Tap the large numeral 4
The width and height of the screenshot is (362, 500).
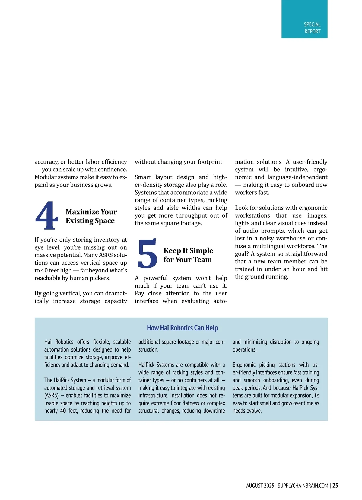[x=47, y=215]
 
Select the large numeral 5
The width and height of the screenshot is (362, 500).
[x=147, y=253]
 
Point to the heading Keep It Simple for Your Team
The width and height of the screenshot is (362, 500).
[x=188, y=255]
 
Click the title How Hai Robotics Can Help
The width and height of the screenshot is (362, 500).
[x=182, y=328]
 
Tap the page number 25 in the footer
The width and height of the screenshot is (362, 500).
[x=335, y=486]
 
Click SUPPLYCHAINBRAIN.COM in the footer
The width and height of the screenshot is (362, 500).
[x=303, y=486]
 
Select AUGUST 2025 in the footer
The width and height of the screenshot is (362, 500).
[x=260, y=486]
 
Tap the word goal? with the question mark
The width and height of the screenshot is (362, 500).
[x=242, y=254]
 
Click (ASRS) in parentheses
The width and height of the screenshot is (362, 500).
[x=51, y=396]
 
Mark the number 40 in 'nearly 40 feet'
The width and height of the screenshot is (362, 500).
[x=63, y=411]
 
